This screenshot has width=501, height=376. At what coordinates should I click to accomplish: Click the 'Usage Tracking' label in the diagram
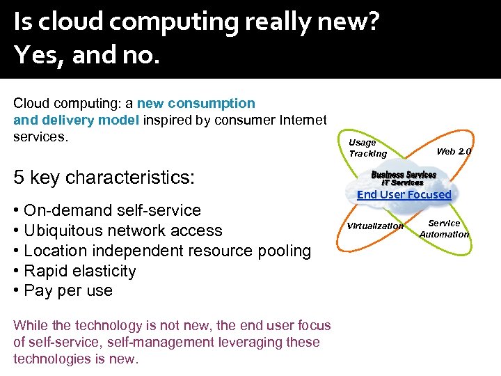pos(367,148)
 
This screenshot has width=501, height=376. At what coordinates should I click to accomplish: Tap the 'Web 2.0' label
pos(454,151)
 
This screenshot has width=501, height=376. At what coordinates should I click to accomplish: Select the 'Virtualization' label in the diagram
pos(375,226)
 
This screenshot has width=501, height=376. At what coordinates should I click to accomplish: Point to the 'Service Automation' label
pos(444,228)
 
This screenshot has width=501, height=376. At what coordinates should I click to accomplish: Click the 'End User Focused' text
pos(404,194)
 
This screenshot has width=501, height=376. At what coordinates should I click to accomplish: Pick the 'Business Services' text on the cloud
pos(404,174)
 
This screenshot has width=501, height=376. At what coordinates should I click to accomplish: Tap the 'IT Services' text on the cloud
pos(402,182)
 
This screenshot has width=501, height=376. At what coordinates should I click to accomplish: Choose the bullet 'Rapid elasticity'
pos(79,271)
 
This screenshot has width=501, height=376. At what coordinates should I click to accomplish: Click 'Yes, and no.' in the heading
pos(86,54)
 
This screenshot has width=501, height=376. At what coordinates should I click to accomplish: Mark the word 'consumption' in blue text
pos(213,103)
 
